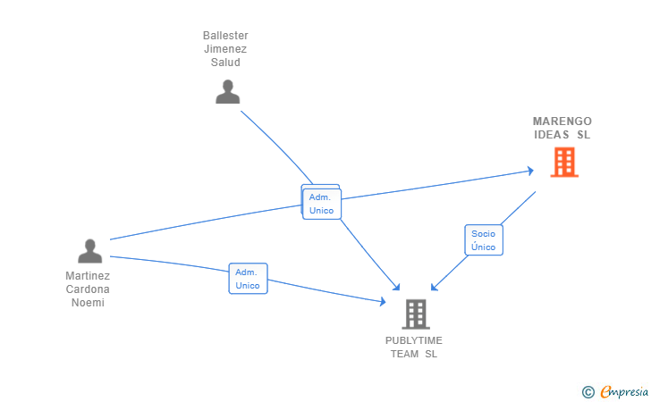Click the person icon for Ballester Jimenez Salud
227,92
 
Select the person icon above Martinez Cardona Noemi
89,251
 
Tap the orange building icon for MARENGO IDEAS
564,163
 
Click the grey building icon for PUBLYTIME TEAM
416,314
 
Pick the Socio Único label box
484,240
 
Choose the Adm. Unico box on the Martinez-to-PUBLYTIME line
248,279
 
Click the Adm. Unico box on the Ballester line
322,204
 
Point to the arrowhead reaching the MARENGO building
530,171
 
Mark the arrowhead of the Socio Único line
434,287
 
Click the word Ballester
225,36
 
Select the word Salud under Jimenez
225,63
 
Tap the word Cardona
88,289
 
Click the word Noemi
88,303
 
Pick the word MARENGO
562,121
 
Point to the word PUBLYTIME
413,340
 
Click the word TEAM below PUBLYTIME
404,354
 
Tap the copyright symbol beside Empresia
588,392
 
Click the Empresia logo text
624,392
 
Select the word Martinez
88,276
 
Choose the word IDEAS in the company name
552,135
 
